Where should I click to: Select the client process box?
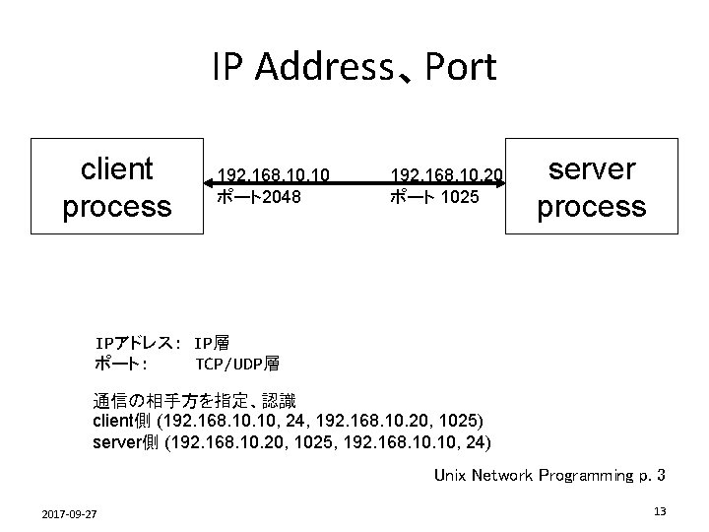116,187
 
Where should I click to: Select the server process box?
592,187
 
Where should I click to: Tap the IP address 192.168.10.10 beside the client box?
272,175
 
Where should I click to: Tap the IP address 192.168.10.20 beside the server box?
447,175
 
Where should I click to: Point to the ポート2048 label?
259,197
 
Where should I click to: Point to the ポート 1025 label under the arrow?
434,197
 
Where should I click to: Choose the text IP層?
213,344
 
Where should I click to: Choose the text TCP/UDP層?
237,364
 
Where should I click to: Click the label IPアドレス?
135,344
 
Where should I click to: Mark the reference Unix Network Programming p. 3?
549,476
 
